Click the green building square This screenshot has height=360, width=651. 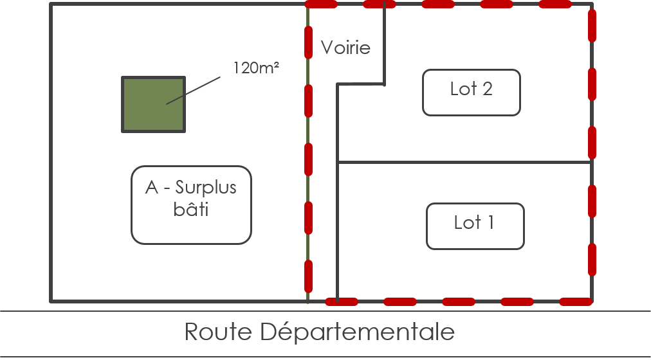pos(154,105)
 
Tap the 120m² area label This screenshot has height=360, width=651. pos(256,68)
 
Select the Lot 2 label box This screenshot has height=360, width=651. pos(471,93)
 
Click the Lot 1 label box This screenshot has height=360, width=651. pos(475,226)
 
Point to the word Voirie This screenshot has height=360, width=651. pos(345,48)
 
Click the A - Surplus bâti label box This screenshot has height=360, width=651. pos(191,205)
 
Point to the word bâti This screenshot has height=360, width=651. pos(191,210)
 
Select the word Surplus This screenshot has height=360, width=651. pos(206,188)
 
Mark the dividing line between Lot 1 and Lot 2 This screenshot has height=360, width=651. pos(463,162)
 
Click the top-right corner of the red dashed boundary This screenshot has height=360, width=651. pos(591,5)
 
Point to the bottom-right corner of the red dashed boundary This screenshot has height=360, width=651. pos(591,300)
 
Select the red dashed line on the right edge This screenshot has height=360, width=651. pos(591,154)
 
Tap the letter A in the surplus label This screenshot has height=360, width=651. pos(152,188)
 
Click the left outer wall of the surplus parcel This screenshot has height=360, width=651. pos(50,154)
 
